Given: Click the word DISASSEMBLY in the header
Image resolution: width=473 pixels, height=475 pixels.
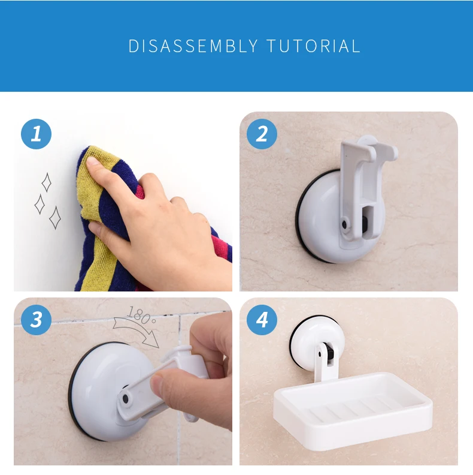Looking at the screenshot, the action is point(193,46).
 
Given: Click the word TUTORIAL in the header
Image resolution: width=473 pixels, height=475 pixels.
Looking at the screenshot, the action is point(313,46).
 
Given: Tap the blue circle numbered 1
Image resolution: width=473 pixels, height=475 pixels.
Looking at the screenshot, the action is point(37,134).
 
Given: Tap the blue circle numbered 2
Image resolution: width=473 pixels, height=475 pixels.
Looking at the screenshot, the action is point(262,134).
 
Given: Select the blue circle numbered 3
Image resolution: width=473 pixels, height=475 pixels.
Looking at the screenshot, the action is point(37,320).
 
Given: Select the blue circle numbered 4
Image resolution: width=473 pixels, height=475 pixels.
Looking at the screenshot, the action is point(262,320).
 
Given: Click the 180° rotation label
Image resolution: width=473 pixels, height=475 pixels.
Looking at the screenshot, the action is point(141,315).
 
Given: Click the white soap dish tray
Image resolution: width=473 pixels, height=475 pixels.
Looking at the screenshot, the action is point(353,410).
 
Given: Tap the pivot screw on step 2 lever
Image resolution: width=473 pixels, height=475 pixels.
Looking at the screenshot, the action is point(345,224).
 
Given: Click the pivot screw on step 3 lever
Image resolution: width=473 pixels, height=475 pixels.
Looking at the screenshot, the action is point(126,399).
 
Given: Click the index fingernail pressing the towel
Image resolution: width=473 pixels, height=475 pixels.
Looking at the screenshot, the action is point(92,161).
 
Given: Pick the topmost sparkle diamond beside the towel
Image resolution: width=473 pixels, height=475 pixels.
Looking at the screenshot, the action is point(47,182).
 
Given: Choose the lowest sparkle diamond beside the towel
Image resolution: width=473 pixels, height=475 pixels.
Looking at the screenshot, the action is point(55,218).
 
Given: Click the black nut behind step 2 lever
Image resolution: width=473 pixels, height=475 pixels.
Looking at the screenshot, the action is point(366,223).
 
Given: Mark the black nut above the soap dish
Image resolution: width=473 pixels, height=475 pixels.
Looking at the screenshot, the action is point(330,354).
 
